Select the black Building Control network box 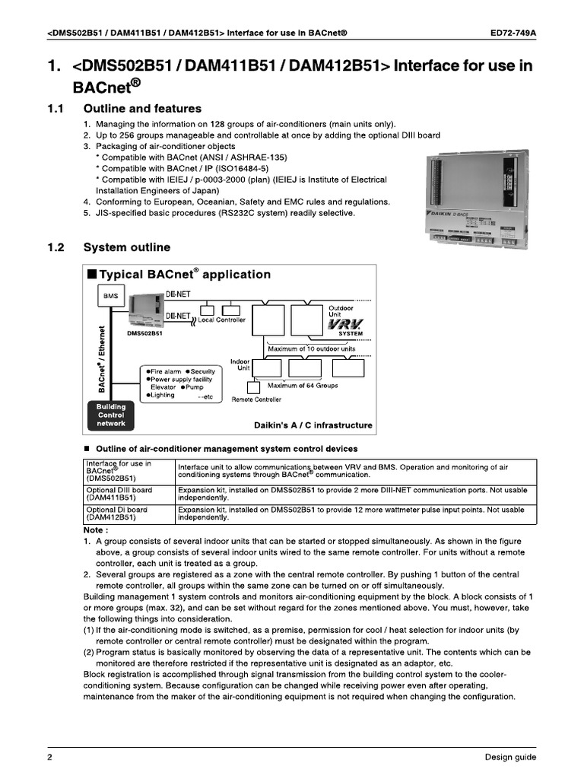click(111, 415)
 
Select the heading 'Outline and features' click(142, 109)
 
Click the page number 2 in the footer click(49, 757)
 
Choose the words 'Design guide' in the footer click(510, 757)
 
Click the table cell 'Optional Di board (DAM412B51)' click(128, 514)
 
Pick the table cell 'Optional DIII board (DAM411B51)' click(128, 494)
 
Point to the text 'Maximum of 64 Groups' click(303, 386)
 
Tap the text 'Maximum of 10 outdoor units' click(311, 349)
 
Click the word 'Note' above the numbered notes click(95, 529)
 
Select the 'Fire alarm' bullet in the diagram click(163, 371)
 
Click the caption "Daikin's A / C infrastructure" click(313, 425)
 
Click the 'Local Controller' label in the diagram click(221, 320)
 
